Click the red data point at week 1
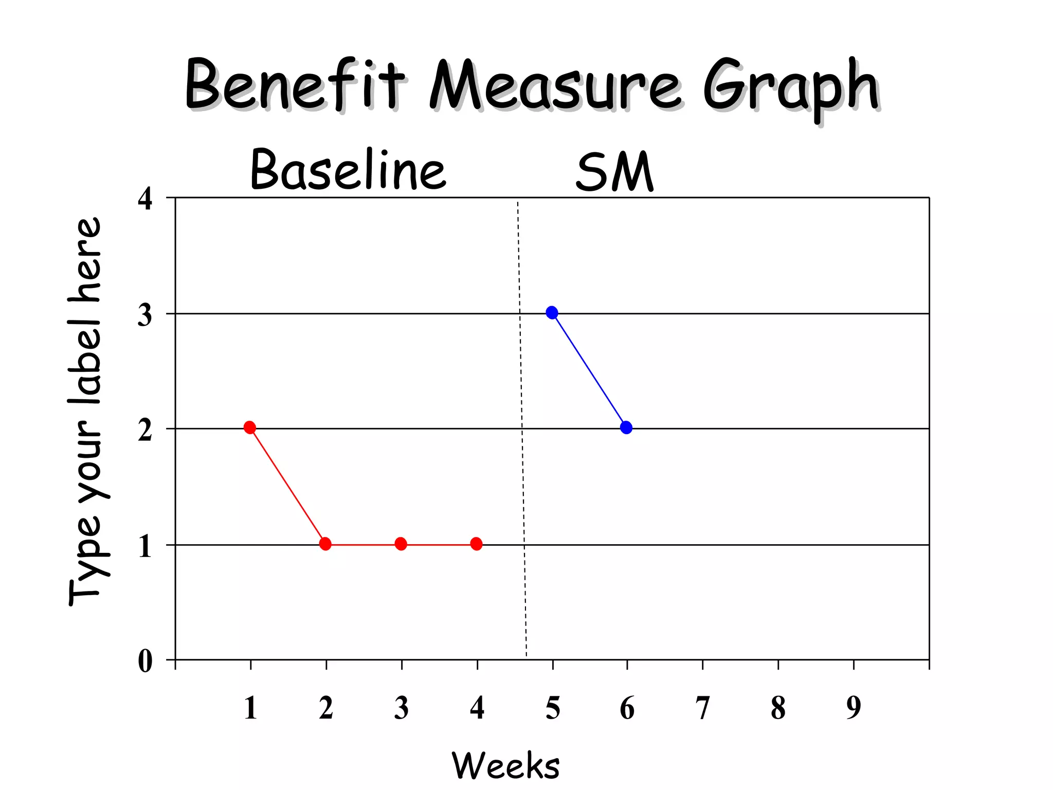point(250,427)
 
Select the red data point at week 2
point(325,544)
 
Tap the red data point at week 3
point(401,544)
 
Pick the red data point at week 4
point(477,544)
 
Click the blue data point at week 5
point(552,312)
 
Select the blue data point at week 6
point(626,427)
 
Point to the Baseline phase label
point(348,170)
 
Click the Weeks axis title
point(506,766)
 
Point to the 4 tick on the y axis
point(145,199)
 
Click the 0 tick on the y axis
point(145,661)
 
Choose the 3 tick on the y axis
point(145,315)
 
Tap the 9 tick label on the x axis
point(854,708)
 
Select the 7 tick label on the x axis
point(702,708)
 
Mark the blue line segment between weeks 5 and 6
point(589,370)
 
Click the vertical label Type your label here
point(86,411)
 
